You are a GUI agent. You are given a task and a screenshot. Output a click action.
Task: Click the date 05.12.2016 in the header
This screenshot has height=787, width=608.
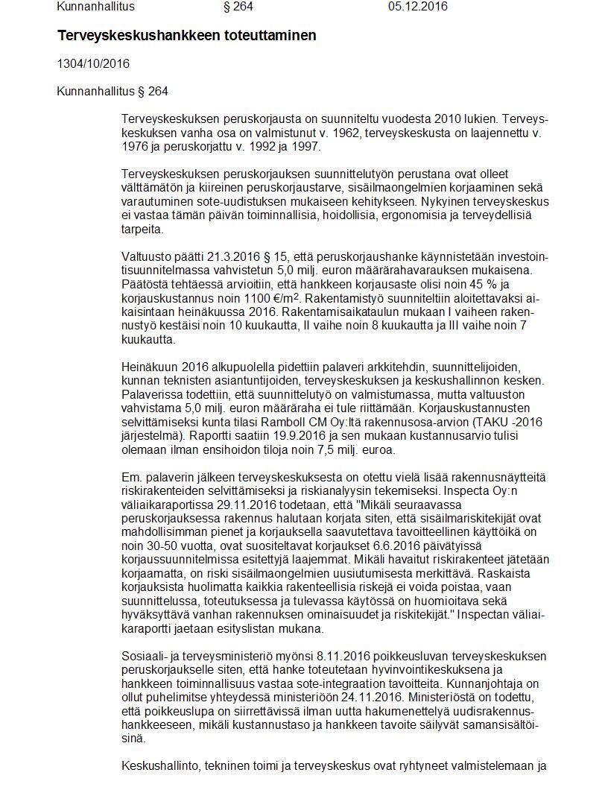click(417, 7)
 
